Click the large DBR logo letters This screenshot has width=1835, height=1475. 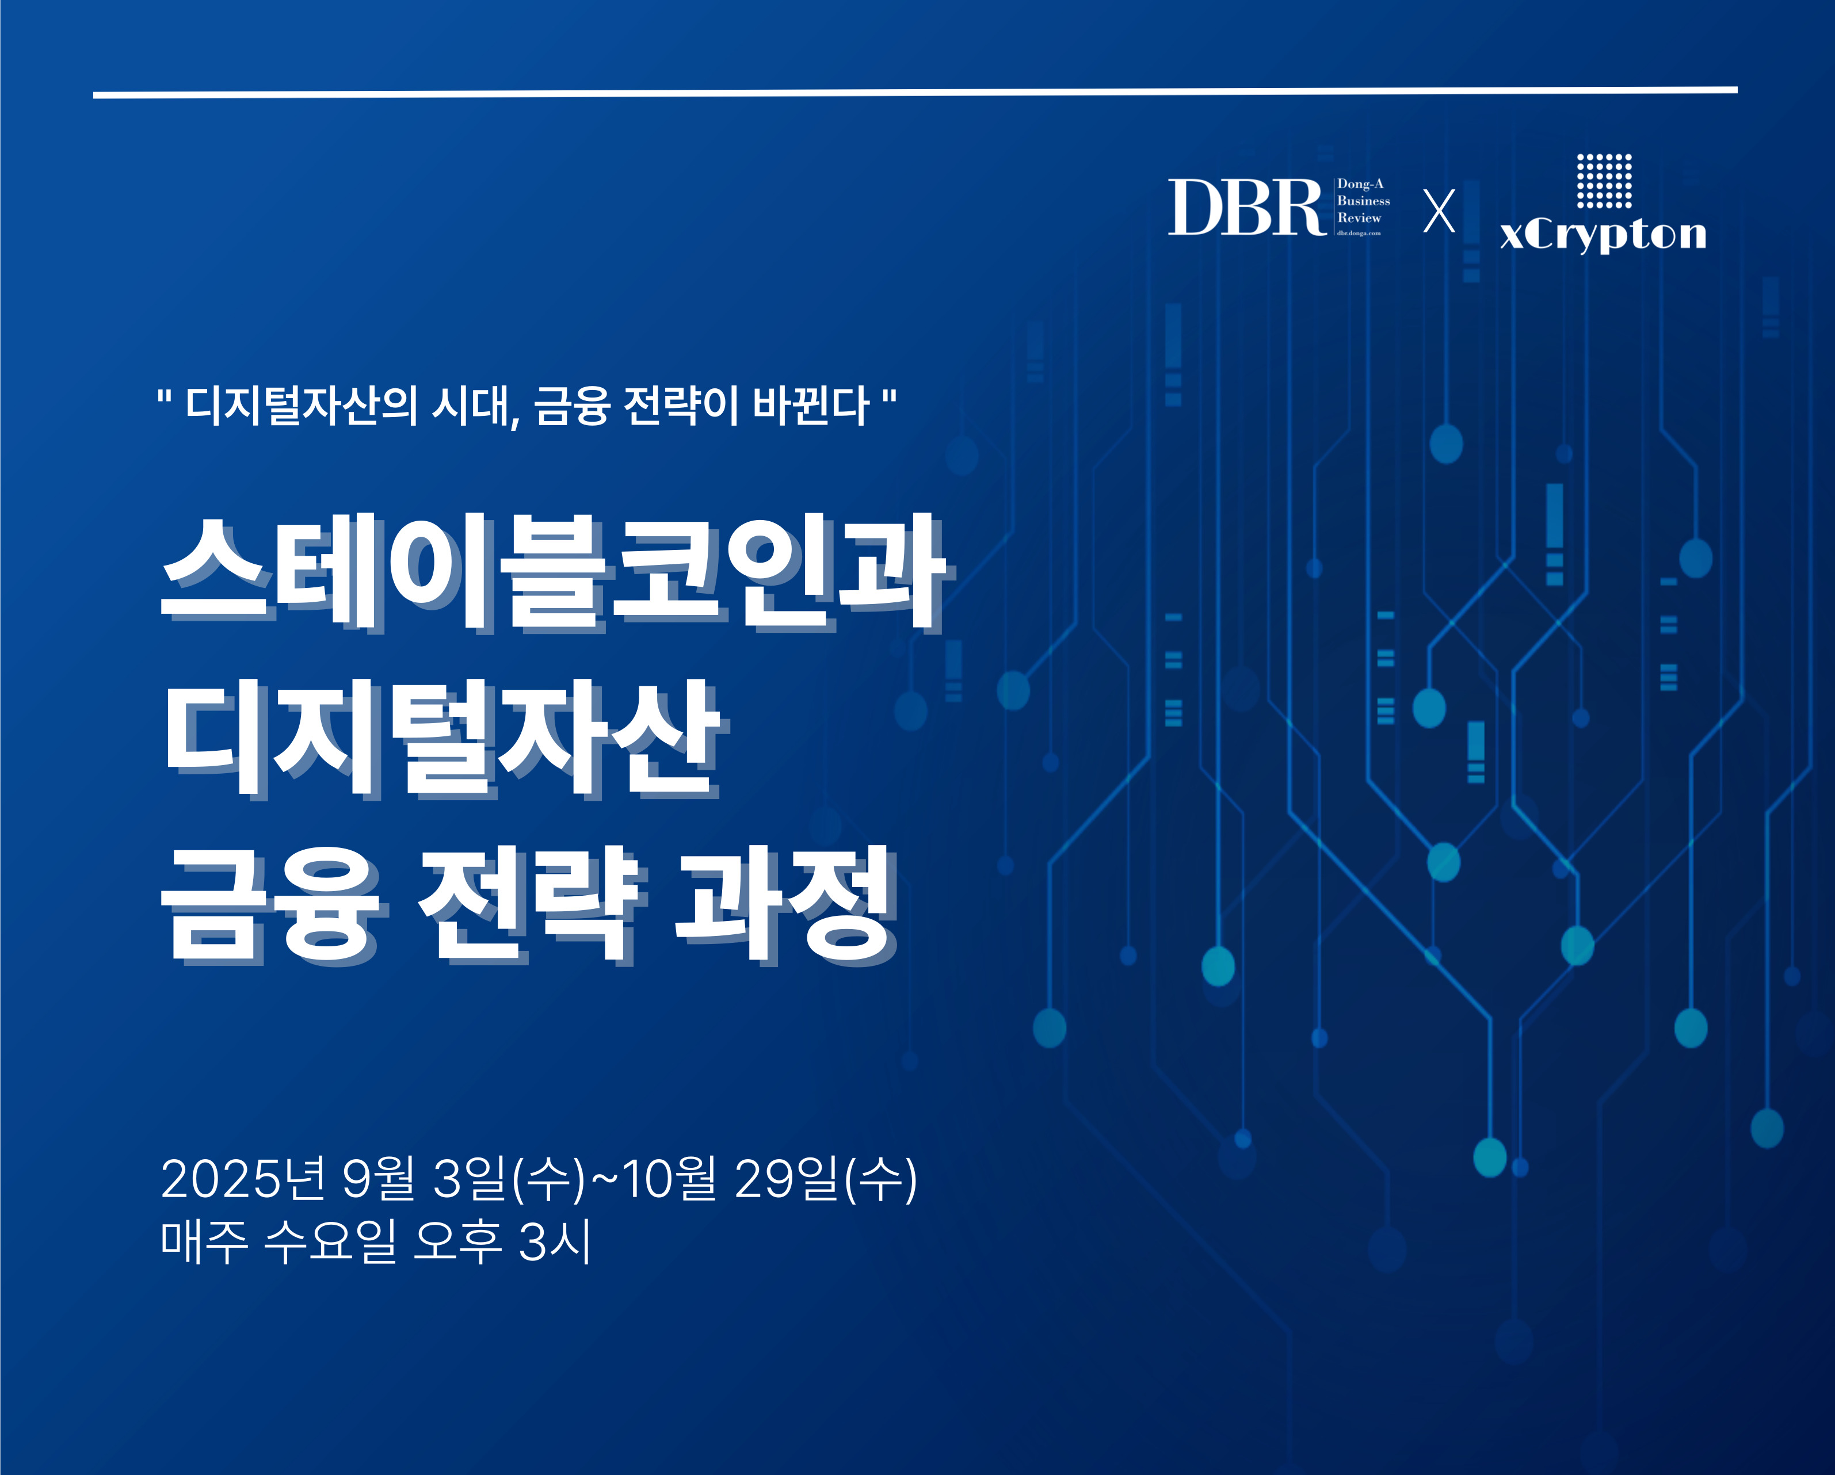[1246, 207]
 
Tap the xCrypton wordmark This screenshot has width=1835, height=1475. [1603, 234]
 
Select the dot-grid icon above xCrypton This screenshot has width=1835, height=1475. [1604, 181]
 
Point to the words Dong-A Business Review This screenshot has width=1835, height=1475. [1363, 201]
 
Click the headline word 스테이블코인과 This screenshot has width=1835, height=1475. [553, 571]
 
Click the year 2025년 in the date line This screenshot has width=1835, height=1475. [243, 1179]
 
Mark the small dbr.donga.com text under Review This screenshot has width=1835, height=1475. [1359, 232]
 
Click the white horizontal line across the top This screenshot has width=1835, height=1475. [915, 92]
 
